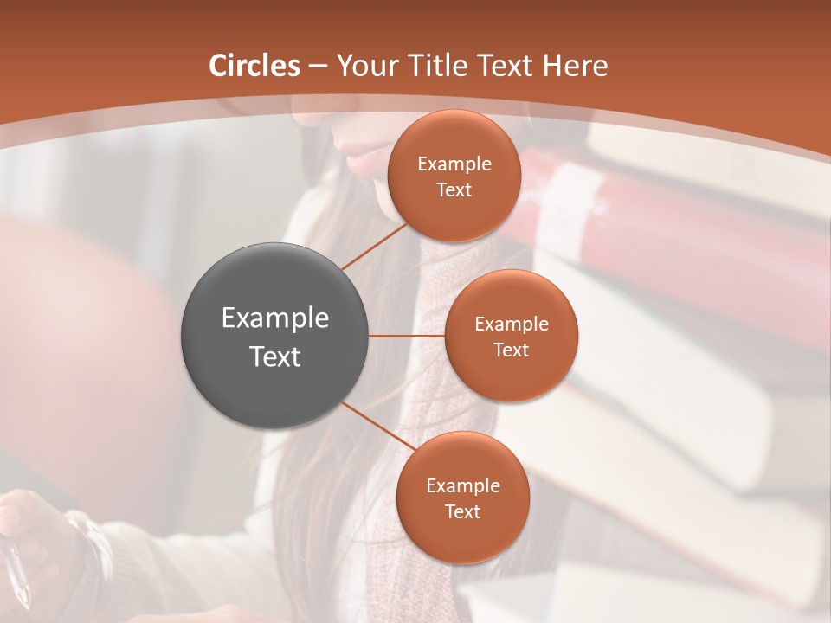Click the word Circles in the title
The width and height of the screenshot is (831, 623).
coord(254,66)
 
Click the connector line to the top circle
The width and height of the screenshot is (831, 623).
coord(375,246)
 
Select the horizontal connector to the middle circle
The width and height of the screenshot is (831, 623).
coord(407,336)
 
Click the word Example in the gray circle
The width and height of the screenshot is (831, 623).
coord(275,318)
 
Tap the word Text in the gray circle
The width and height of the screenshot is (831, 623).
coord(275,356)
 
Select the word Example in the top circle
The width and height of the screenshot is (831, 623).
coord(454,164)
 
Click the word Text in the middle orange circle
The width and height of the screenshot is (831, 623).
coord(511,350)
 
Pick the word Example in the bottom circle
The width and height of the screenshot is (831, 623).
coord(462,486)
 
